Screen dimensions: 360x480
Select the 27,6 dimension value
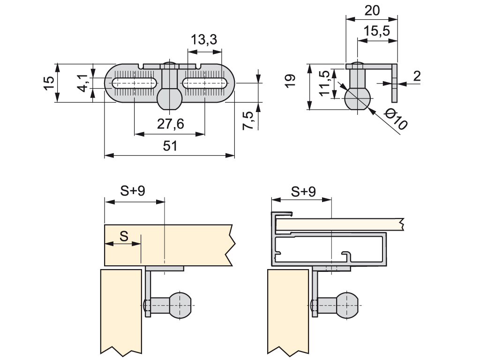point(170,124)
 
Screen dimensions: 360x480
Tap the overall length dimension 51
point(170,146)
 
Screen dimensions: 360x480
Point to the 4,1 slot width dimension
point(83,83)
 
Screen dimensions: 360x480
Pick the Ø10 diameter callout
point(396,120)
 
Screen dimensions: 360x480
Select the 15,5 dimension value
point(377,31)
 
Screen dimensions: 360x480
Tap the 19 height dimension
point(291,80)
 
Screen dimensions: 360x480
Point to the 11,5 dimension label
point(324,83)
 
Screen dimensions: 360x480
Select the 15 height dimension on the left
point(49,83)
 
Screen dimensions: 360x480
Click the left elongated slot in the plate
point(135,83)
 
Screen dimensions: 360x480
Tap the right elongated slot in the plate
point(205,83)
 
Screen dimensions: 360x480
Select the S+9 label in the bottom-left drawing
point(133,191)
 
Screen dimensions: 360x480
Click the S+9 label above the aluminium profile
point(303,191)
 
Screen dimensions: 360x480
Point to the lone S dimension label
point(124,236)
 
